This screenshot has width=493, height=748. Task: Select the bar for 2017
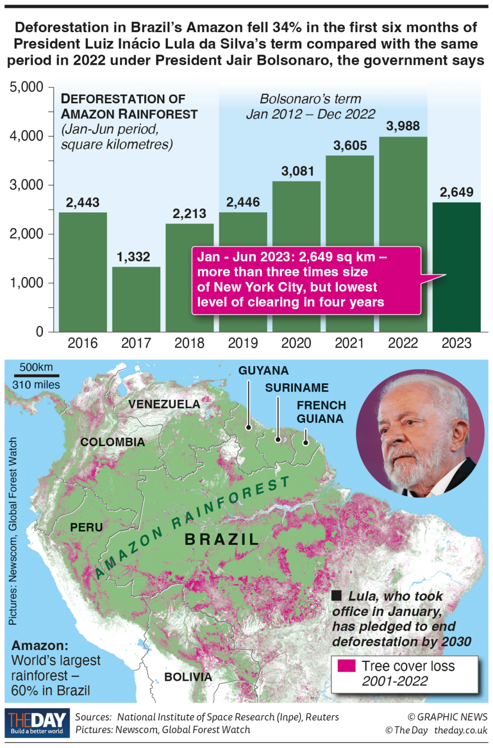[x=136, y=299]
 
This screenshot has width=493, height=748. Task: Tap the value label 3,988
[x=403, y=126]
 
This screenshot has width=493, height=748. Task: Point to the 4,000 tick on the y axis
[x=27, y=136]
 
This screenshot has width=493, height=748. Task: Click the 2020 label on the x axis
[x=296, y=343]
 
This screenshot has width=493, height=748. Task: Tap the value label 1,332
[x=133, y=257]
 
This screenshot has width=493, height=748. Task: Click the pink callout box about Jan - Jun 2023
[x=306, y=280]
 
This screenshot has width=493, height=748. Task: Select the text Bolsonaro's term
[x=310, y=99]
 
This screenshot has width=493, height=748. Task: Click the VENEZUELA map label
[x=164, y=404]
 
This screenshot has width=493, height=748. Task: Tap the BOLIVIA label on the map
[x=188, y=677]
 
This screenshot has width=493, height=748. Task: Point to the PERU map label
[x=86, y=527]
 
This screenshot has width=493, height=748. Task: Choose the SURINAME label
[x=297, y=388]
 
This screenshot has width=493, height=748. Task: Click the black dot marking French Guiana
[x=305, y=443]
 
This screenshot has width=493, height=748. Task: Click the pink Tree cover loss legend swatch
[x=346, y=666]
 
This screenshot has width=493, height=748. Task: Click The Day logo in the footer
[x=37, y=723]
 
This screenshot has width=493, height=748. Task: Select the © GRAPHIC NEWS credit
[x=447, y=717]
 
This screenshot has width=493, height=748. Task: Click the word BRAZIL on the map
[x=222, y=540]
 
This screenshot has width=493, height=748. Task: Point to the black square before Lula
[x=336, y=595]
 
